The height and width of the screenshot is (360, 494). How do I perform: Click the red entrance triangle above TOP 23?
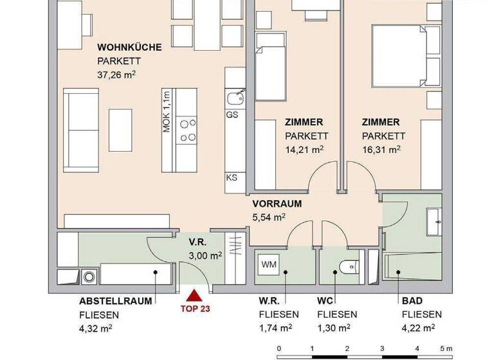[192, 296]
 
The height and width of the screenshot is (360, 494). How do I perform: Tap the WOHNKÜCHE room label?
[129, 48]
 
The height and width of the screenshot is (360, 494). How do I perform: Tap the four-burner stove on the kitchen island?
[188, 130]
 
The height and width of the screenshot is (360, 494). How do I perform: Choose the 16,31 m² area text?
[381, 149]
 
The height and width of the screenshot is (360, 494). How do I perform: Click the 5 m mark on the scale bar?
[450, 350]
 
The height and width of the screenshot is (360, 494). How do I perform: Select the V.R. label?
[196, 242]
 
